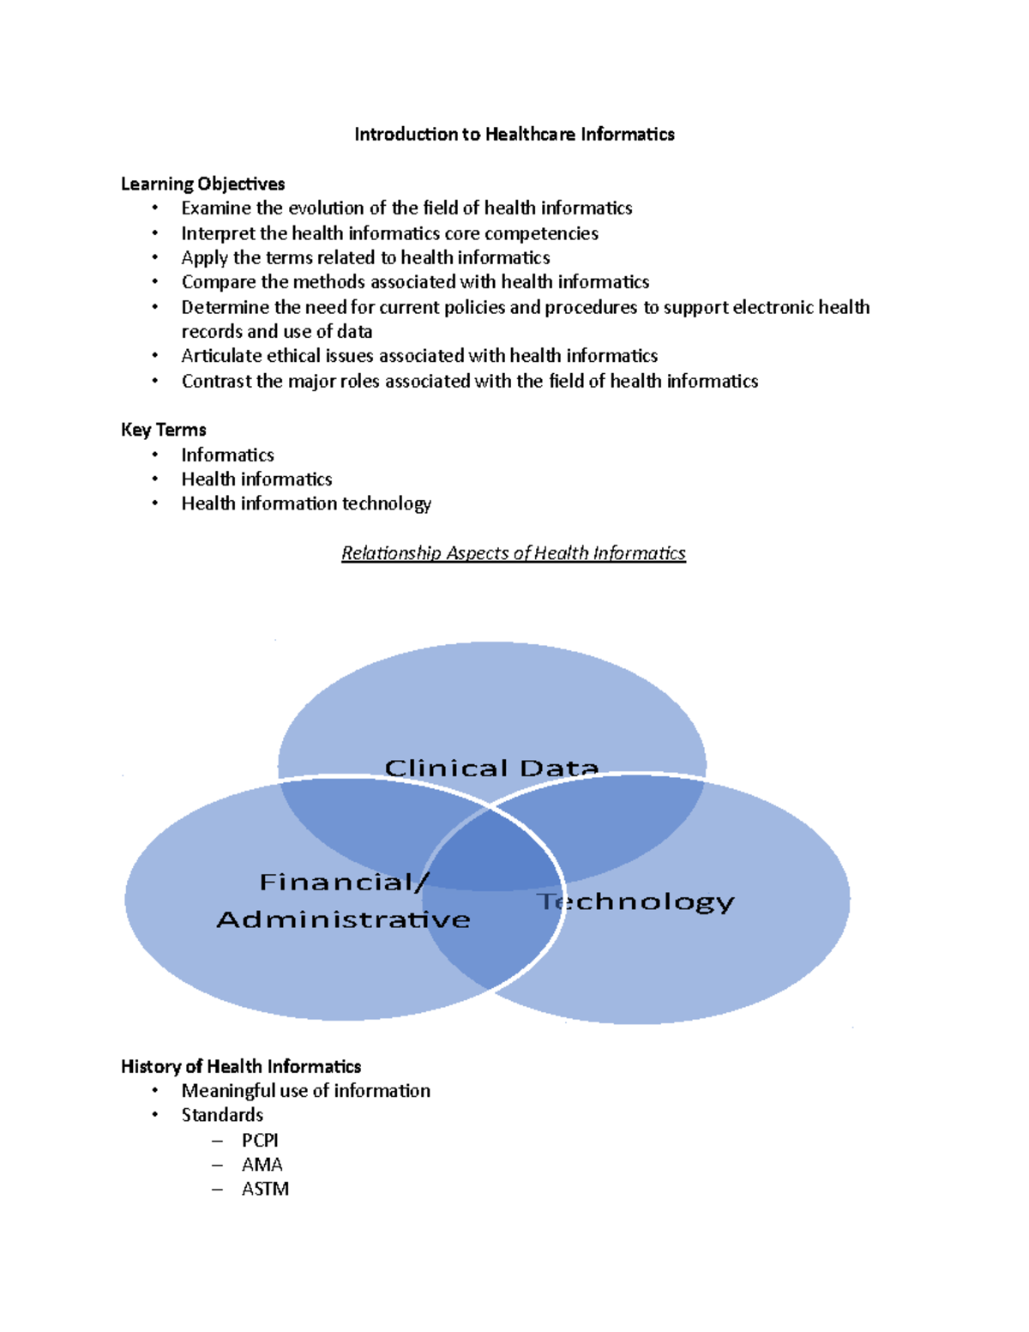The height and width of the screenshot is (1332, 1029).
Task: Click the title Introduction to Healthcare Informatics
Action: click(514, 134)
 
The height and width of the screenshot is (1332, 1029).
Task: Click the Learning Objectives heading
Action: click(202, 184)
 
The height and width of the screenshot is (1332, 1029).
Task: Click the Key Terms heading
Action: click(163, 430)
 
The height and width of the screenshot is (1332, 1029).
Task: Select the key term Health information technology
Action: click(305, 503)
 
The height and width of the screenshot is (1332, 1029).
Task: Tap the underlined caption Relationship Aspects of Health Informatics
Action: click(513, 553)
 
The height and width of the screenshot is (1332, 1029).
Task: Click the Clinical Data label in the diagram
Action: click(490, 768)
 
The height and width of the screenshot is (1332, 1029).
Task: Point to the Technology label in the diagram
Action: click(635, 901)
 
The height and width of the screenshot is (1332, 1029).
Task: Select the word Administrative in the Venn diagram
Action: click(343, 919)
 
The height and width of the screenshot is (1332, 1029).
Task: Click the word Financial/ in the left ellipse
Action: click(343, 882)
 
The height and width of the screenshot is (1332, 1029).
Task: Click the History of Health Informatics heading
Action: click(240, 1066)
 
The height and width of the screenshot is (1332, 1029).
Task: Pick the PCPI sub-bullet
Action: click(259, 1140)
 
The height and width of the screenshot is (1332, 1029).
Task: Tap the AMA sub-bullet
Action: click(262, 1165)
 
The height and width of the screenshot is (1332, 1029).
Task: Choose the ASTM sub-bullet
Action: click(264, 1189)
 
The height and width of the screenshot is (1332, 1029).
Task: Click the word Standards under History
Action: click(221, 1115)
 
